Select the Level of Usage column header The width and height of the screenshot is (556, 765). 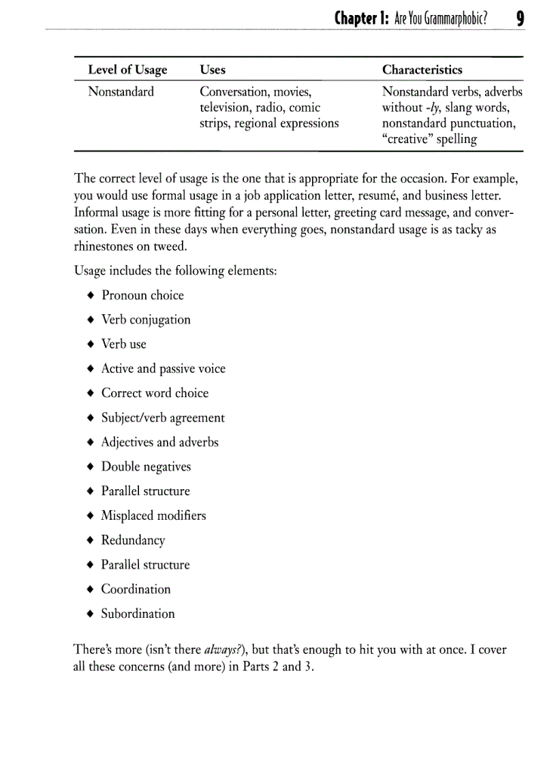(x=127, y=69)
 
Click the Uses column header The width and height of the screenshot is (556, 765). (x=213, y=69)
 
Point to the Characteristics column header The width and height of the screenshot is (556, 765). (x=422, y=69)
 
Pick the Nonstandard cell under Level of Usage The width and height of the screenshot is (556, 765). (x=121, y=91)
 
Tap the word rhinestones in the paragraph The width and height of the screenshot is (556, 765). (x=106, y=246)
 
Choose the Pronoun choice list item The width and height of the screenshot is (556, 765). (x=142, y=295)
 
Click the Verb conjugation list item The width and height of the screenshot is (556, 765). (x=146, y=319)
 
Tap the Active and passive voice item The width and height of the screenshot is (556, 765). (x=163, y=369)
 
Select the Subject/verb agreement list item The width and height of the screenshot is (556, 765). (x=163, y=418)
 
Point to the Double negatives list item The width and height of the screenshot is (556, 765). (x=146, y=467)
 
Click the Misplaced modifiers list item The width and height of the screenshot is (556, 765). (x=153, y=516)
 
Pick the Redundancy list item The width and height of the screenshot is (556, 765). (x=133, y=540)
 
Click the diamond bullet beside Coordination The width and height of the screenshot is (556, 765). (x=90, y=589)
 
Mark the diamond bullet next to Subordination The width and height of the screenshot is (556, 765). (x=90, y=614)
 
